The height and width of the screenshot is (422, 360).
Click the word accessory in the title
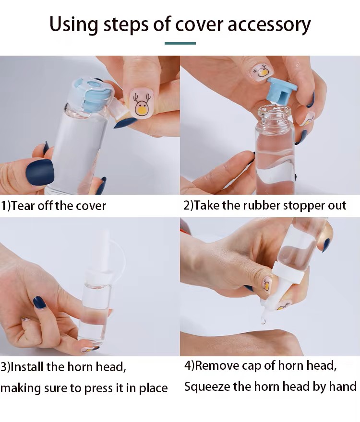pyautogui.click(x=269, y=24)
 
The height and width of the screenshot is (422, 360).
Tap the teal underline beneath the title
pyautogui.click(x=180, y=43)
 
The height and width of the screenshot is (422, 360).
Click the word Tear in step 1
pyautogui.click(x=23, y=206)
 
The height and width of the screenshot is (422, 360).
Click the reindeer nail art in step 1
pyautogui.click(x=141, y=104)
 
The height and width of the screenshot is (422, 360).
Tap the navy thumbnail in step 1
pyautogui.click(x=40, y=173)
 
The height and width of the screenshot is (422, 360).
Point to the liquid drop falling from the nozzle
pyautogui.click(x=263, y=321)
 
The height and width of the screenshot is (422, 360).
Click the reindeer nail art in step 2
pyautogui.click(x=262, y=72)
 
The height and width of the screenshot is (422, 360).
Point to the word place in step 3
pyautogui.click(x=153, y=388)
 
